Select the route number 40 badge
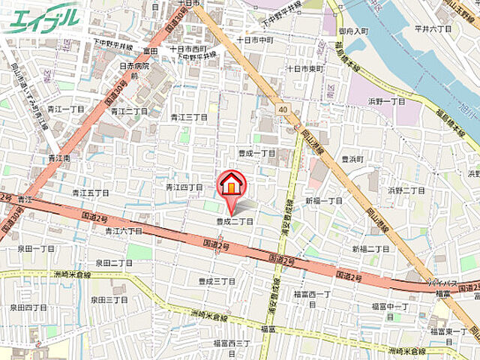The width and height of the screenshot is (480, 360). tap(283, 109)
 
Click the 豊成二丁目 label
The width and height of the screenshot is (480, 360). tap(235, 221)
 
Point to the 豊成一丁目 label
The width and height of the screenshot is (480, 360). tap(257, 153)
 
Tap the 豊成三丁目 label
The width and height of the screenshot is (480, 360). tap(217, 281)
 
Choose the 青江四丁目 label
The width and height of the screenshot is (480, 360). tap(184, 187)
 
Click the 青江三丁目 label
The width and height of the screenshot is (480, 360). tap(188, 117)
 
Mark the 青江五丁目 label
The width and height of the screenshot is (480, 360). tap(91, 193)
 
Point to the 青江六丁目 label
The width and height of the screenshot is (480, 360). tap(123, 232)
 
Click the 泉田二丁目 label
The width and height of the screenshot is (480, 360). tap(113, 263)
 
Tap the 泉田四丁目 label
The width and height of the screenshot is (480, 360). tap(28, 307)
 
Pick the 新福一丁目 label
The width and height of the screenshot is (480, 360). tap(323, 201)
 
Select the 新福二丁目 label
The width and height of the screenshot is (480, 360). tap(370, 249)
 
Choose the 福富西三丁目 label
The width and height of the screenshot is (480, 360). tap(231, 343)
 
